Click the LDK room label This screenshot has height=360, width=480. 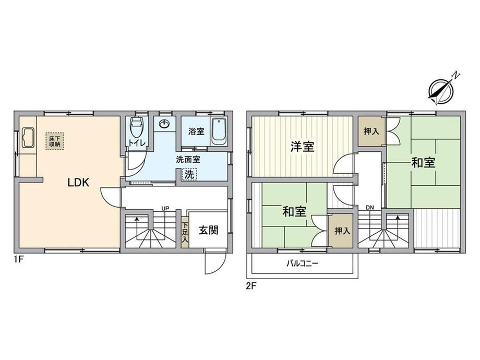pos(78,183)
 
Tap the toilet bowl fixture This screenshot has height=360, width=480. pos(137,128)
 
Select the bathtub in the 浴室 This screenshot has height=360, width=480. pos(219,132)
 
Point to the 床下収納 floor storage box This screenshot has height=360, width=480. pos(55,141)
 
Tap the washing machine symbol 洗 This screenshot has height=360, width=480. pos(189,174)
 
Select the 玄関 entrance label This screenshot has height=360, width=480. pos(209,230)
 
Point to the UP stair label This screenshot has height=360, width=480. pos(165,209)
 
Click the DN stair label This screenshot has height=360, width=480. pos(370,208)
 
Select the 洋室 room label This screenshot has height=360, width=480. pos(302,147)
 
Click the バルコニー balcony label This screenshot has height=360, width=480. pos(303,263)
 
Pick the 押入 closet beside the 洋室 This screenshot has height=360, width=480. pos(371,131)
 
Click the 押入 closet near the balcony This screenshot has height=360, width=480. pos(342,231)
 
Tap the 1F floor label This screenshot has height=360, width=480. pos(18,260)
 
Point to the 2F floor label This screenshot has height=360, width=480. pos(251,286)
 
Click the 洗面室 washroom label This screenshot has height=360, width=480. pos(188,160)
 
